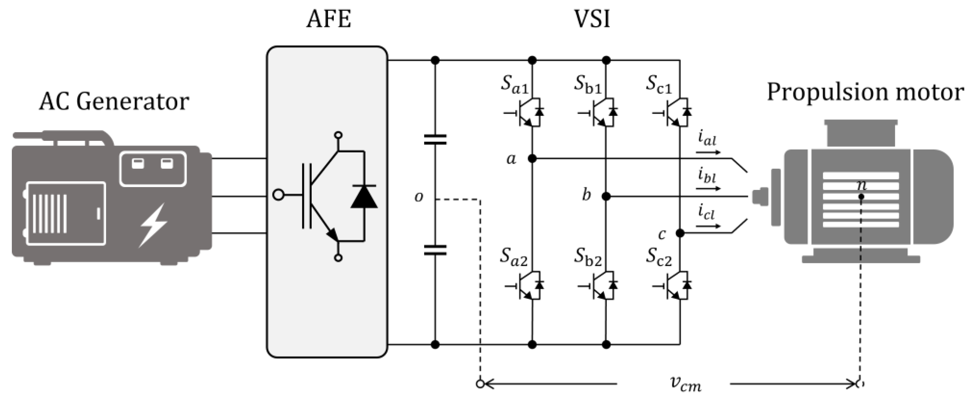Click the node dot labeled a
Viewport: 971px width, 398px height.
[x=532, y=159]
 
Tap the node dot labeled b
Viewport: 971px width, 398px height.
[x=606, y=196]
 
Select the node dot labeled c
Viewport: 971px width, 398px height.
[x=680, y=233]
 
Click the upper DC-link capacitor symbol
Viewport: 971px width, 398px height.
[x=435, y=139]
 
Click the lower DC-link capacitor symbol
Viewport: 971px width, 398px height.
[x=435, y=250]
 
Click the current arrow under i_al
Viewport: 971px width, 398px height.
[x=708, y=152]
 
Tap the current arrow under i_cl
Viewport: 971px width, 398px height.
[x=708, y=226]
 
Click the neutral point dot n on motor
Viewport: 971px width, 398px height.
[x=861, y=197]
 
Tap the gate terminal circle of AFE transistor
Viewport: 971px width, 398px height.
[x=278, y=195]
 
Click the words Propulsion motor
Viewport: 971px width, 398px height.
[x=865, y=92]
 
